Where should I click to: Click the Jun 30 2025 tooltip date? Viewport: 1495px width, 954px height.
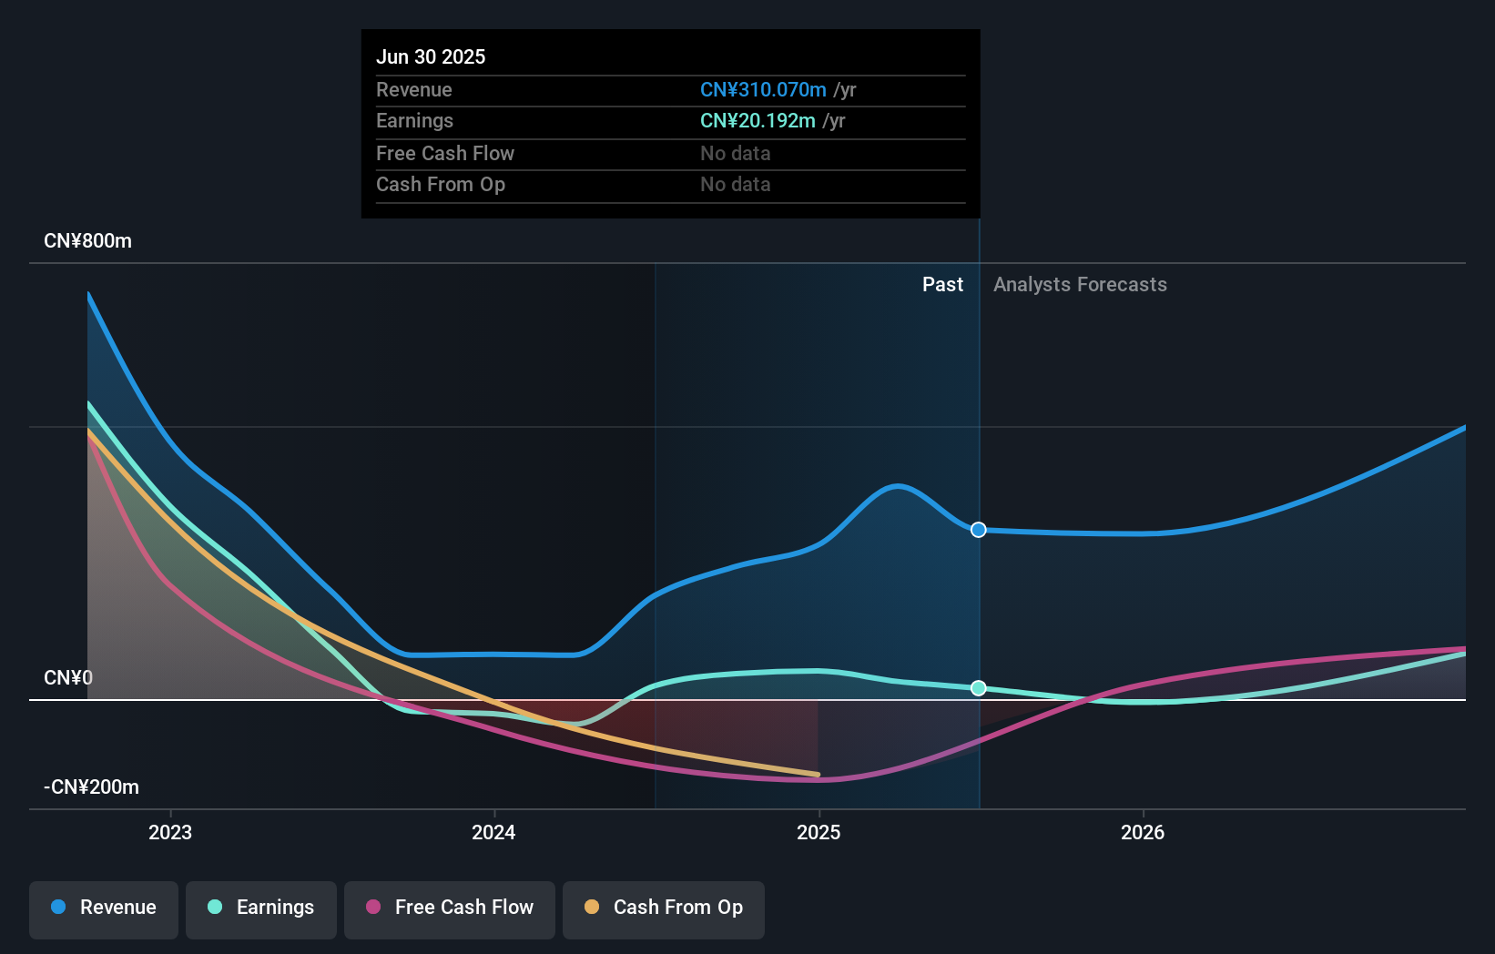[x=431, y=56]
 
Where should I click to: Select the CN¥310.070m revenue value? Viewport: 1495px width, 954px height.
[x=763, y=89]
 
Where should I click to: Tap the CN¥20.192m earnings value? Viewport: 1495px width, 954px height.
[x=758, y=120]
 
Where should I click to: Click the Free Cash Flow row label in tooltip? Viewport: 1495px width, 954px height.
[x=445, y=153]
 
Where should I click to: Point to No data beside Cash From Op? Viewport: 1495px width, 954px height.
[x=735, y=184]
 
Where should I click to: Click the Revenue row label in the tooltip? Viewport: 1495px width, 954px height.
[x=414, y=89]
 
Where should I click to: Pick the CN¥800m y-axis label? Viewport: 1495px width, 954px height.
[x=87, y=240]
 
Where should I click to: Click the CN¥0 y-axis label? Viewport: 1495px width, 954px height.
[x=68, y=677]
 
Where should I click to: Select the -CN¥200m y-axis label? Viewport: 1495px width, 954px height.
[x=91, y=787]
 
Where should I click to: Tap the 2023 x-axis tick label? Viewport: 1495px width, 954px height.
[x=170, y=832]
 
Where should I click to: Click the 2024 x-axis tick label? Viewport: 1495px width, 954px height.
[x=493, y=832]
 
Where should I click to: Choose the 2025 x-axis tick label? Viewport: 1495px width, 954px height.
[x=819, y=832]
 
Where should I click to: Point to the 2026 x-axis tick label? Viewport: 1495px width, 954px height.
[x=1143, y=832]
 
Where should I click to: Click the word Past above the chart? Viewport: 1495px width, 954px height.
[x=942, y=284]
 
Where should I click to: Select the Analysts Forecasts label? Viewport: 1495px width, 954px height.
[x=1080, y=284]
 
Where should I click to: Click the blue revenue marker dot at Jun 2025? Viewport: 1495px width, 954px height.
[x=979, y=530]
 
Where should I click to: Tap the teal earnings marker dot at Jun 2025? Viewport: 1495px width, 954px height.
[x=979, y=688]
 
